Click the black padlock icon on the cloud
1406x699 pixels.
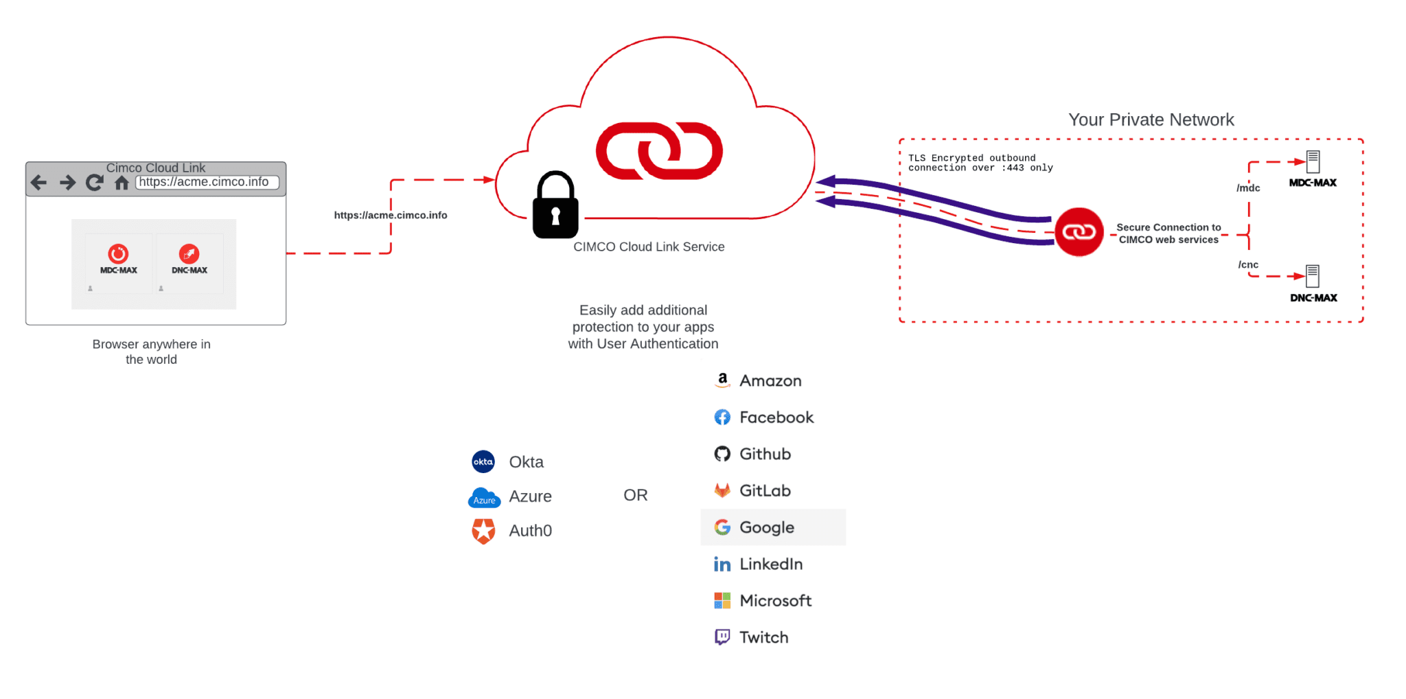coord(555,206)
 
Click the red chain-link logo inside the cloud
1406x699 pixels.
coord(659,151)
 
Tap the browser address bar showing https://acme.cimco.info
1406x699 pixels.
coord(207,182)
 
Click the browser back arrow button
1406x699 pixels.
coord(39,183)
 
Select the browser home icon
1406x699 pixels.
coord(122,183)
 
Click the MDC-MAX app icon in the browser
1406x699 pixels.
coord(118,254)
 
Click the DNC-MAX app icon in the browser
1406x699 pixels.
coord(189,254)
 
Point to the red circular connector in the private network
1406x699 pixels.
coord(1079,232)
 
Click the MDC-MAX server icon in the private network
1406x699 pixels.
coord(1313,162)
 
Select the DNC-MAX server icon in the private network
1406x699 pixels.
coord(1313,276)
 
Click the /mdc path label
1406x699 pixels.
coord(1248,188)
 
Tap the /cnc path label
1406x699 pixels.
coord(1248,265)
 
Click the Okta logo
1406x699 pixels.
coord(483,462)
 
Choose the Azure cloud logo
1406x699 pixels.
coord(484,498)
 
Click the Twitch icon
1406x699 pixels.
coord(722,637)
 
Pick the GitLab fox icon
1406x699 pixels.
coord(722,490)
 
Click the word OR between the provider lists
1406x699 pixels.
coord(636,495)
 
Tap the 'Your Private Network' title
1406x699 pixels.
coord(1151,120)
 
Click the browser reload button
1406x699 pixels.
coord(94,183)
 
